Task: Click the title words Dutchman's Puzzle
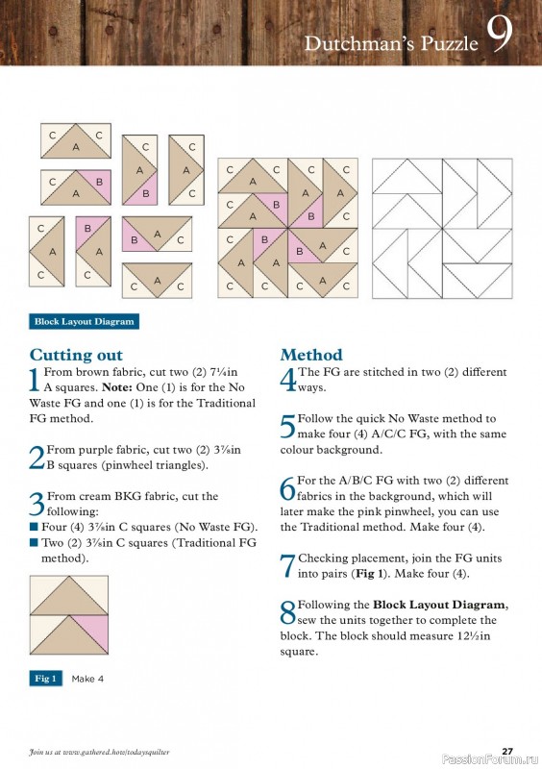(391, 43)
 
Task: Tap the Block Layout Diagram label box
(85, 321)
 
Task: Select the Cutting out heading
(76, 355)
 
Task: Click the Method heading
(311, 355)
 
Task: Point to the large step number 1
(36, 380)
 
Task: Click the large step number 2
(37, 457)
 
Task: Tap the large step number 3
(37, 504)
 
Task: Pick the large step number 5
(287, 426)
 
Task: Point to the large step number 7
(287, 565)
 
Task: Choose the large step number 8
(287, 612)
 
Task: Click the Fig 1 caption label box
(46, 679)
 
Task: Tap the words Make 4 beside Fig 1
(87, 679)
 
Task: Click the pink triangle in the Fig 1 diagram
(94, 631)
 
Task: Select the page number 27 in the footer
(506, 751)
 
